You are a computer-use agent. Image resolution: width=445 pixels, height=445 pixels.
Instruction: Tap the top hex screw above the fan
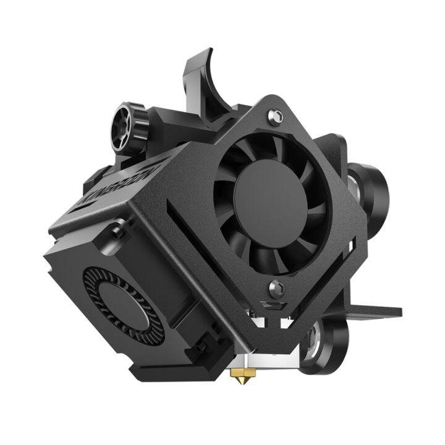click(x=277, y=116)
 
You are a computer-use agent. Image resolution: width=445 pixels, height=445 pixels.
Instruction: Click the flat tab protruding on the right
click(x=377, y=310)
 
